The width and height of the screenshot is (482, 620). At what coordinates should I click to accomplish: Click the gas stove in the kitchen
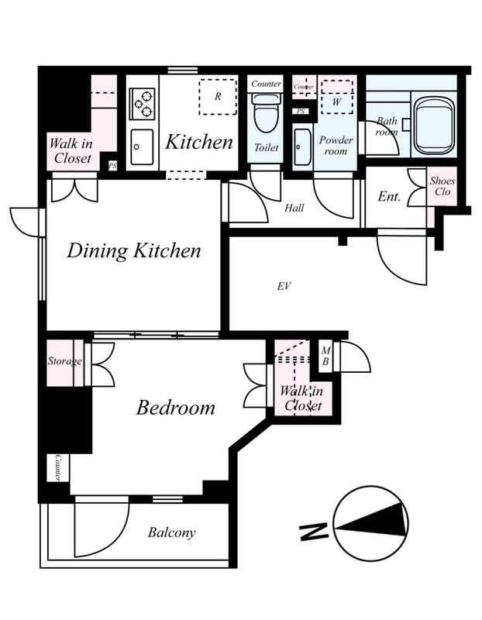[142, 104]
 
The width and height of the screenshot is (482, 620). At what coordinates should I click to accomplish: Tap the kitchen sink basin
[142, 147]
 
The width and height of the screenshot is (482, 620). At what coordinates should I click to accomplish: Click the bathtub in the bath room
[432, 126]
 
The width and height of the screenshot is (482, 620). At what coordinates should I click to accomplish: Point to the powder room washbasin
[302, 147]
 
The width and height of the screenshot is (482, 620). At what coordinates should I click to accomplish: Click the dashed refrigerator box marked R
[218, 97]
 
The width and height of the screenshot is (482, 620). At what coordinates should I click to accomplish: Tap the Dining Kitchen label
[133, 250]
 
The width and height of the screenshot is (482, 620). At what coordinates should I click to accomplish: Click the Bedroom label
[176, 408]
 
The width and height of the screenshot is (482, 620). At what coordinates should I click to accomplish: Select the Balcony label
[171, 532]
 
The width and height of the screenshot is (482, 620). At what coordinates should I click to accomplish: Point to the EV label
[284, 286]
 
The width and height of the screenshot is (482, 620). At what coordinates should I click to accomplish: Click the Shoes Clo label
[442, 186]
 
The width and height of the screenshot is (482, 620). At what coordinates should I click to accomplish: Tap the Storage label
[65, 361]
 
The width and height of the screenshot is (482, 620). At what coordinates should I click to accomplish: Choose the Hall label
[294, 208]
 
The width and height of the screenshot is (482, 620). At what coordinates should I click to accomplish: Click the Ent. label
[389, 196]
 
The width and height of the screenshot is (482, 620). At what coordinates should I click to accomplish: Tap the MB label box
[325, 356]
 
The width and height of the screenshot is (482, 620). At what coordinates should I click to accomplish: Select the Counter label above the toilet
[266, 84]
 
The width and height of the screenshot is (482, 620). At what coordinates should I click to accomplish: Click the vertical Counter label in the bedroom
[57, 467]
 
